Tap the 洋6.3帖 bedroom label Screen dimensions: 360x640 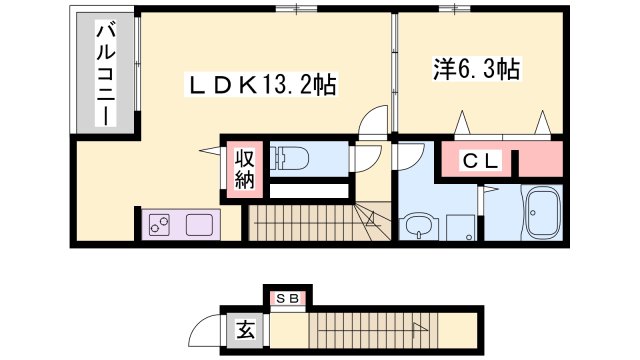476,70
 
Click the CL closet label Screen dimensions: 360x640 485,161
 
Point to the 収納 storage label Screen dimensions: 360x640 244,169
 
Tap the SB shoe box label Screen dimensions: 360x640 288,298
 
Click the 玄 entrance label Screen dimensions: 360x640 243,327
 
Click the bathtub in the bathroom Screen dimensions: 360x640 545,212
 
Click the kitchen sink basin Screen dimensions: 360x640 199,225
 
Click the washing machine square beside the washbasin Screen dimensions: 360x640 460,227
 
